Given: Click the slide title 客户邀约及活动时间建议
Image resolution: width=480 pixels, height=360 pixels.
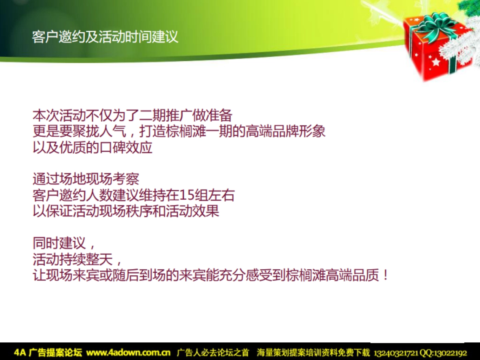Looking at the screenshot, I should coord(105,37).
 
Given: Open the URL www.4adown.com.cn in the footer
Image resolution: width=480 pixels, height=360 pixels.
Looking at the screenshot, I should coord(128,353).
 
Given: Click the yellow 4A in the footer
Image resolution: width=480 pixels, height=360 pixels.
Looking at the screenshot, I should coord(20,353).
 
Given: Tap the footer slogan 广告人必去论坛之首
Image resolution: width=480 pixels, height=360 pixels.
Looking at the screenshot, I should coord(213,353).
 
